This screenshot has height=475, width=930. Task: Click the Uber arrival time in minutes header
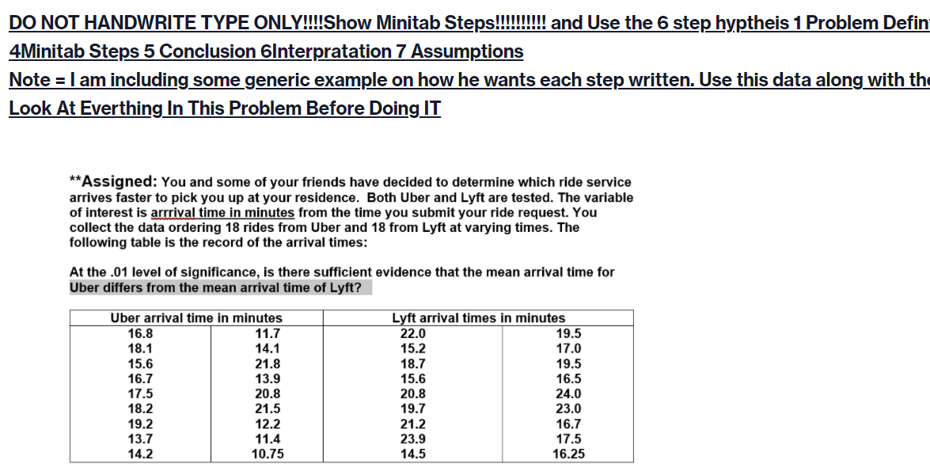(x=196, y=318)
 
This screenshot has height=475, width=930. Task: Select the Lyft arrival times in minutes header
(x=478, y=318)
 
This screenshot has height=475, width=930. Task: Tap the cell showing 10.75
(x=267, y=454)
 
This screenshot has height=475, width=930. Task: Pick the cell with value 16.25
(x=568, y=454)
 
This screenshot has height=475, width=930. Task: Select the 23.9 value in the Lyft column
(x=412, y=439)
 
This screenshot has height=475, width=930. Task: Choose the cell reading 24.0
(x=568, y=394)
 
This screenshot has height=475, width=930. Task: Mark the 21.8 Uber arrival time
(x=267, y=364)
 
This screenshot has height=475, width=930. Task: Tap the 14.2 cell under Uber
(x=140, y=454)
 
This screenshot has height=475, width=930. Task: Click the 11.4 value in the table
(x=267, y=439)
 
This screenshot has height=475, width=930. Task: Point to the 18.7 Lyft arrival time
(x=412, y=364)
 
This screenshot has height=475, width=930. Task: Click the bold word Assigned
(x=120, y=182)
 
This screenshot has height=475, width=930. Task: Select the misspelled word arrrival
(x=173, y=213)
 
